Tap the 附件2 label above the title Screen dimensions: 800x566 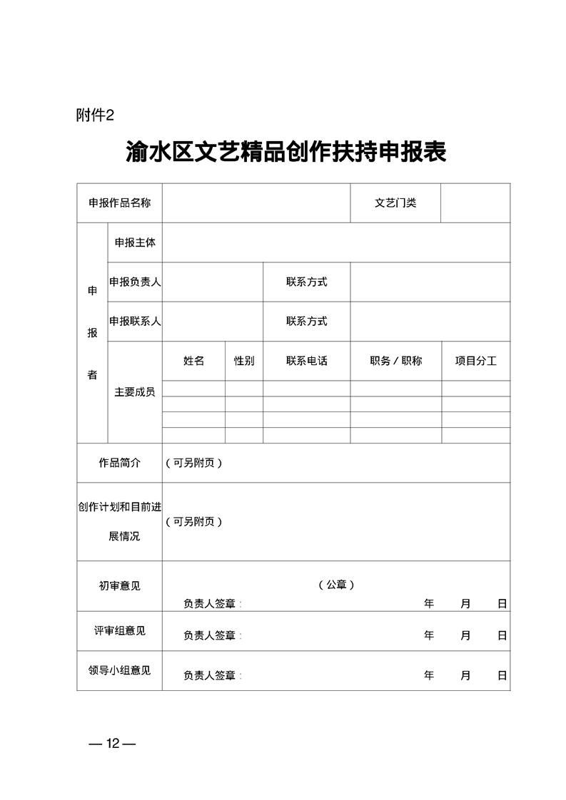point(94,116)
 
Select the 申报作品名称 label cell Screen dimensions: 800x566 point(119,203)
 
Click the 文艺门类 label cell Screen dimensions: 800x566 point(395,203)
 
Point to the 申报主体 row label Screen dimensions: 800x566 point(135,242)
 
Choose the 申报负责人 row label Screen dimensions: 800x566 point(135,282)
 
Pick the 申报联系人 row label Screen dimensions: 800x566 point(135,321)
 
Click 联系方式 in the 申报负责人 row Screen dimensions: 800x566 point(306,282)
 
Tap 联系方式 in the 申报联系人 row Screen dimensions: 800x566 point(306,321)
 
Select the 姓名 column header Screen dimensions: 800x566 point(193,361)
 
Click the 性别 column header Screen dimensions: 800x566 point(244,361)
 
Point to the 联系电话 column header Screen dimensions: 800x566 point(306,361)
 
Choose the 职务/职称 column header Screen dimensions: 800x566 point(395,361)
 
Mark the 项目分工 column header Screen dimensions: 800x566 point(475,361)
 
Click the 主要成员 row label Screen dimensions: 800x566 point(135,392)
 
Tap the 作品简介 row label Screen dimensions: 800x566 point(119,463)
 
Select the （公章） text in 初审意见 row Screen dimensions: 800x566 point(336,585)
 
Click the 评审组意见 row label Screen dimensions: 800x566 point(119,631)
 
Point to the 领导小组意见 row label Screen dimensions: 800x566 point(119,670)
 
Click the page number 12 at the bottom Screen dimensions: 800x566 point(112,744)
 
